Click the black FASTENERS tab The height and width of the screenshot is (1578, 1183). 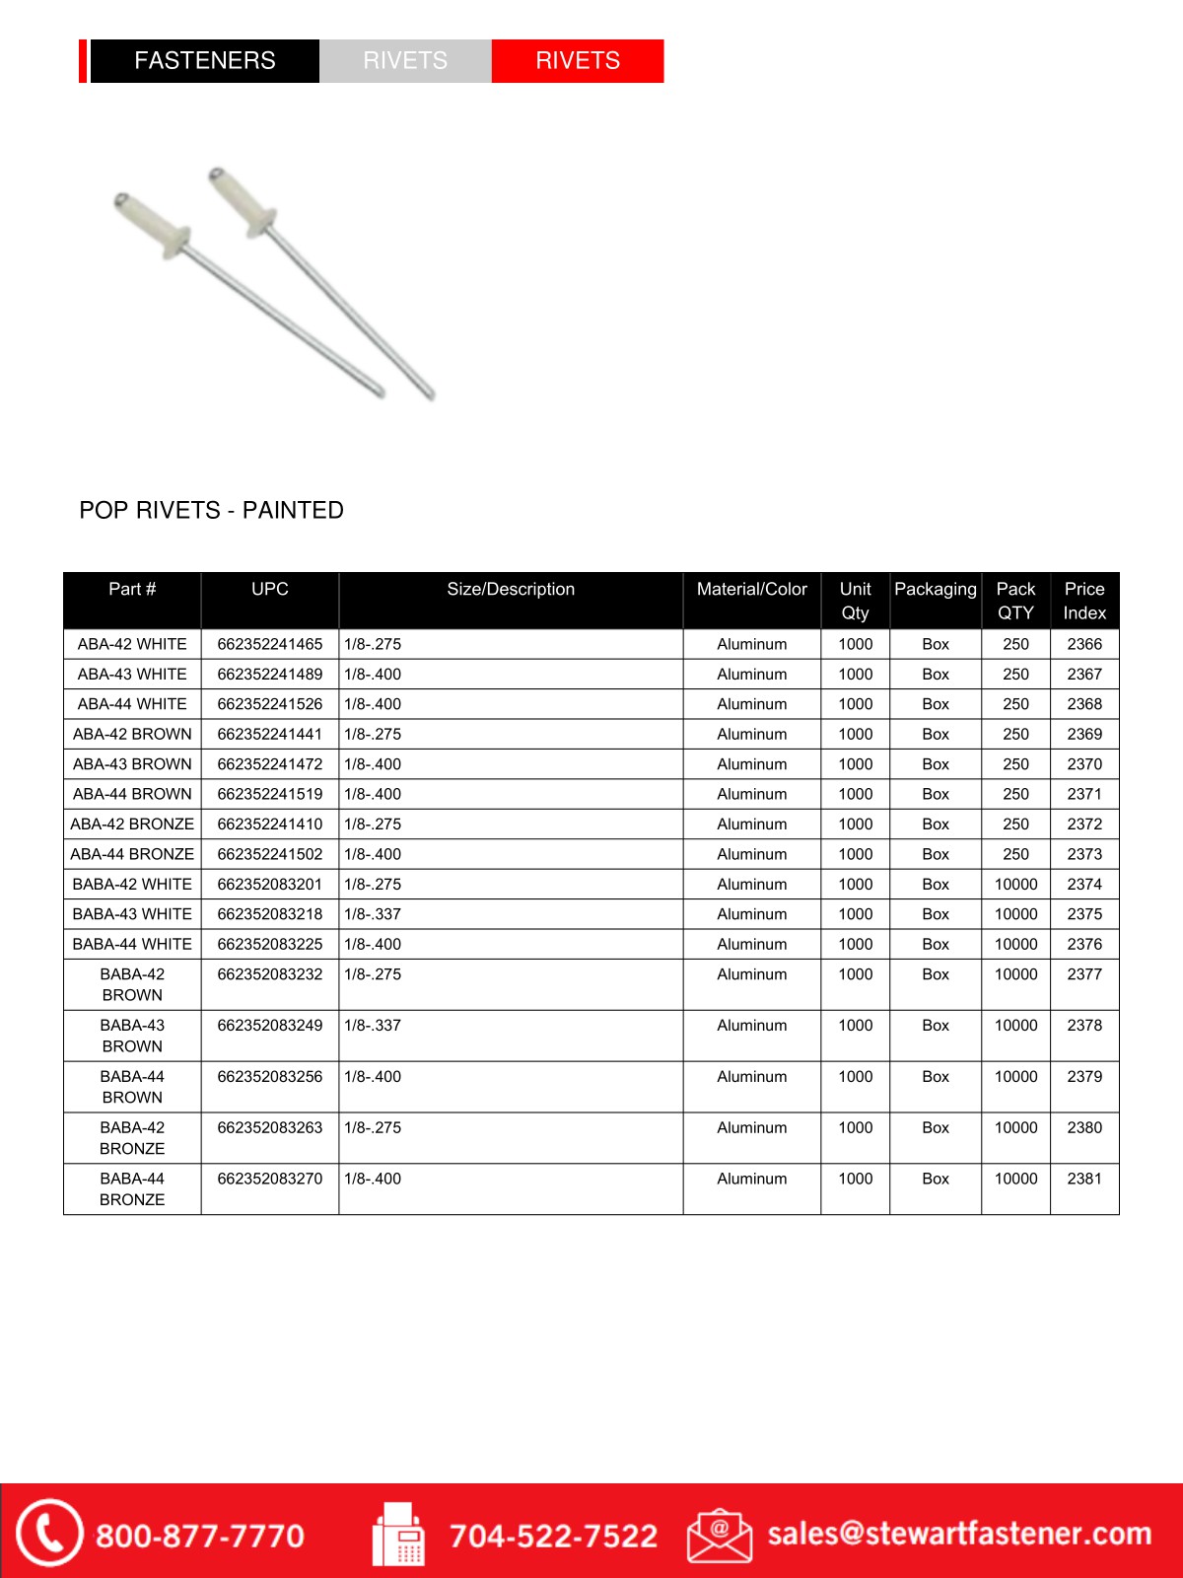204,61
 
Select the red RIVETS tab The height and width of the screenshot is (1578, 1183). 577,61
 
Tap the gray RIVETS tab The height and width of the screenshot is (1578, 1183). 405,61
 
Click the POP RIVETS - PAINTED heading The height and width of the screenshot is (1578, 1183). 211,510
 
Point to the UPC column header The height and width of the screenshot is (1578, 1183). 269,590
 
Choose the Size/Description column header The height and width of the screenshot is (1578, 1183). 510,590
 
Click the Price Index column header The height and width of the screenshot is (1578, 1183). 1083,601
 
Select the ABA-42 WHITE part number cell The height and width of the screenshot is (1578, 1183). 132,644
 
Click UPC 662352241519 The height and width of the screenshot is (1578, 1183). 269,794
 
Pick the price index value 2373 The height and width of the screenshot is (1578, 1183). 1083,854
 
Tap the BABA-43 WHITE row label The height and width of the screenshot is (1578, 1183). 132,914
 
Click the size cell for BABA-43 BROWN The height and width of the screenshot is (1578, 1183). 373,1026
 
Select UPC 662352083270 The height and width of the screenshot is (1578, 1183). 269,1179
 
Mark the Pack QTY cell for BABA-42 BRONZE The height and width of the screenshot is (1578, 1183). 1015,1128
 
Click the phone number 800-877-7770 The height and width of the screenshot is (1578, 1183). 199,1536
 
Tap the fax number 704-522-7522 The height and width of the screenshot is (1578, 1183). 553,1536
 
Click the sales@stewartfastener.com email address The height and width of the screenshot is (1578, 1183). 959,1534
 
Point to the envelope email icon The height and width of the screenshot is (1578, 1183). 720,1535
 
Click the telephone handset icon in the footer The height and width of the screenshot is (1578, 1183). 47,1533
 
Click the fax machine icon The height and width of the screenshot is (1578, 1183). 398,1535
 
